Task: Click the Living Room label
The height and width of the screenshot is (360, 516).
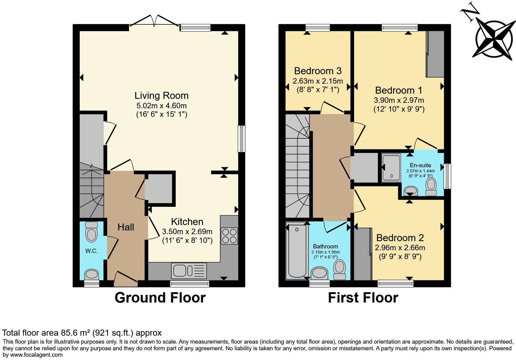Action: pos(162,95)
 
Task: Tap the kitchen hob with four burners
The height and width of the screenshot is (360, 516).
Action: pos(229,236)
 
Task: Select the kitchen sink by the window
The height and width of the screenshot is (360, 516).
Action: pos(189,270)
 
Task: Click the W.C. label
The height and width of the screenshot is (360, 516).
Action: pos(91,251)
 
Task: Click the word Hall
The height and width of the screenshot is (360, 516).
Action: pos(126,227)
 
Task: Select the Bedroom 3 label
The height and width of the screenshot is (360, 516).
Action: pos(318,71)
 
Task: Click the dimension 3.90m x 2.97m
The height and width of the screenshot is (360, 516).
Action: pos(399,100)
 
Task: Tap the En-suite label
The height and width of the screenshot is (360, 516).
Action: pos(420,165)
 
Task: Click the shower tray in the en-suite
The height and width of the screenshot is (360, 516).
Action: pos(391,168)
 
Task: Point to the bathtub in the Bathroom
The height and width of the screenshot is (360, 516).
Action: pos(297,251)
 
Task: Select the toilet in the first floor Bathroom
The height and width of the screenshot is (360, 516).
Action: pos(340,269)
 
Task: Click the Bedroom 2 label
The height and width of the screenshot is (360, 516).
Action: pos(400,237)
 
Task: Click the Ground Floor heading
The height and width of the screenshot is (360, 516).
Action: pos(160,298)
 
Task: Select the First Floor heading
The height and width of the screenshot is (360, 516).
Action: pos(363,298)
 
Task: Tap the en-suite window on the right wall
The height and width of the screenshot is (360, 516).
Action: pos(447,176)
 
